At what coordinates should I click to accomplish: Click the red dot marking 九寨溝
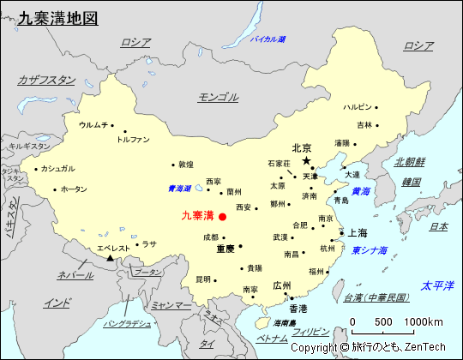(x=222, y=217)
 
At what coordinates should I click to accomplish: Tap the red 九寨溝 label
(x=198, y=216)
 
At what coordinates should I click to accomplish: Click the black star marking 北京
(x=306, y=160)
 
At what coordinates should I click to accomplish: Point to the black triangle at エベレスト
(x=110, y=258)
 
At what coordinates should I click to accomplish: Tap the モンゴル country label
(x=218, y=97)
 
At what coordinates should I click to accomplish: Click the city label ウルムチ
(x=93, y=125)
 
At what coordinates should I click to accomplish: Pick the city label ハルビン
(x=358, y=107)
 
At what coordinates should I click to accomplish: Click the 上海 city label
(x=357, y=233)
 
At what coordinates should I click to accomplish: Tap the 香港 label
(x=298, y=309)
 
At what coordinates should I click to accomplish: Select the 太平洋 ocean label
(x=436, y=285)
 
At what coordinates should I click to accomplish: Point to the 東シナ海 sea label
(x=370, y=251)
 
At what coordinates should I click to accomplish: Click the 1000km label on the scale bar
(x=424, y=321)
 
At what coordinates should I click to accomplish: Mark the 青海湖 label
(x=179, y=189)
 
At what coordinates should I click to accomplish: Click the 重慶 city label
(x=225, y=249)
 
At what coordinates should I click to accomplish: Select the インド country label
(x=57, y=303)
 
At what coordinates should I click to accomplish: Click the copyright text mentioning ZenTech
(x=368, y=347)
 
